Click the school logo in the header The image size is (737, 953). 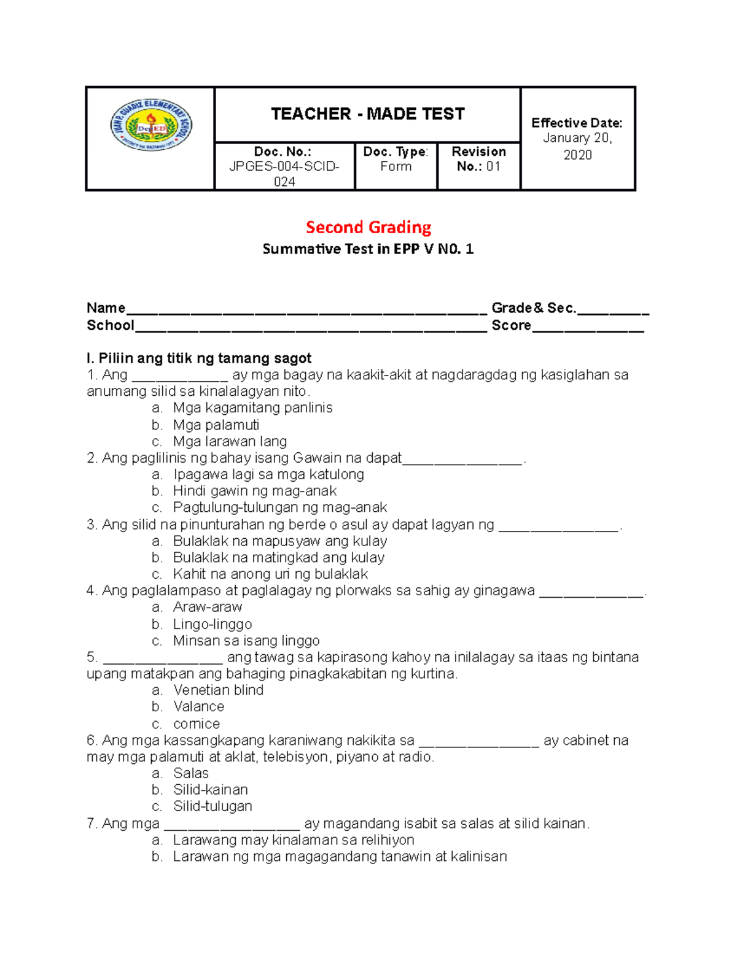pos(150,125)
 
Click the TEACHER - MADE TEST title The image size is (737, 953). pos(367,114)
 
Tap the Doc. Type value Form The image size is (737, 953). pos(396,166)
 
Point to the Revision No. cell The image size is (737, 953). pos(478,159)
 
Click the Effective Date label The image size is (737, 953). pos(577,123)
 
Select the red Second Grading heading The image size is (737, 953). pos(368,227)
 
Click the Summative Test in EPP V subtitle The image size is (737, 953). pos(368,249)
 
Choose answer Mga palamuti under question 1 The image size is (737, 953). pos(216,425)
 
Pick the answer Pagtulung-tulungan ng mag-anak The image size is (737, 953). pos(279,507)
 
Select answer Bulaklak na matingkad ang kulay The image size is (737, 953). pos(278,557)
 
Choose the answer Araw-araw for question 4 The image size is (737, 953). pos(208,607)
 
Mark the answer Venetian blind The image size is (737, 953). pos(218,690)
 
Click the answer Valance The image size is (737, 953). pos(198,706)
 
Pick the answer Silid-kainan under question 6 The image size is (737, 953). pos(210,789)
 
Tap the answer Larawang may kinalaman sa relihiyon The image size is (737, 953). pos(293,839)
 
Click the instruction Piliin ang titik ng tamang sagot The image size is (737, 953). pos(199,358)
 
